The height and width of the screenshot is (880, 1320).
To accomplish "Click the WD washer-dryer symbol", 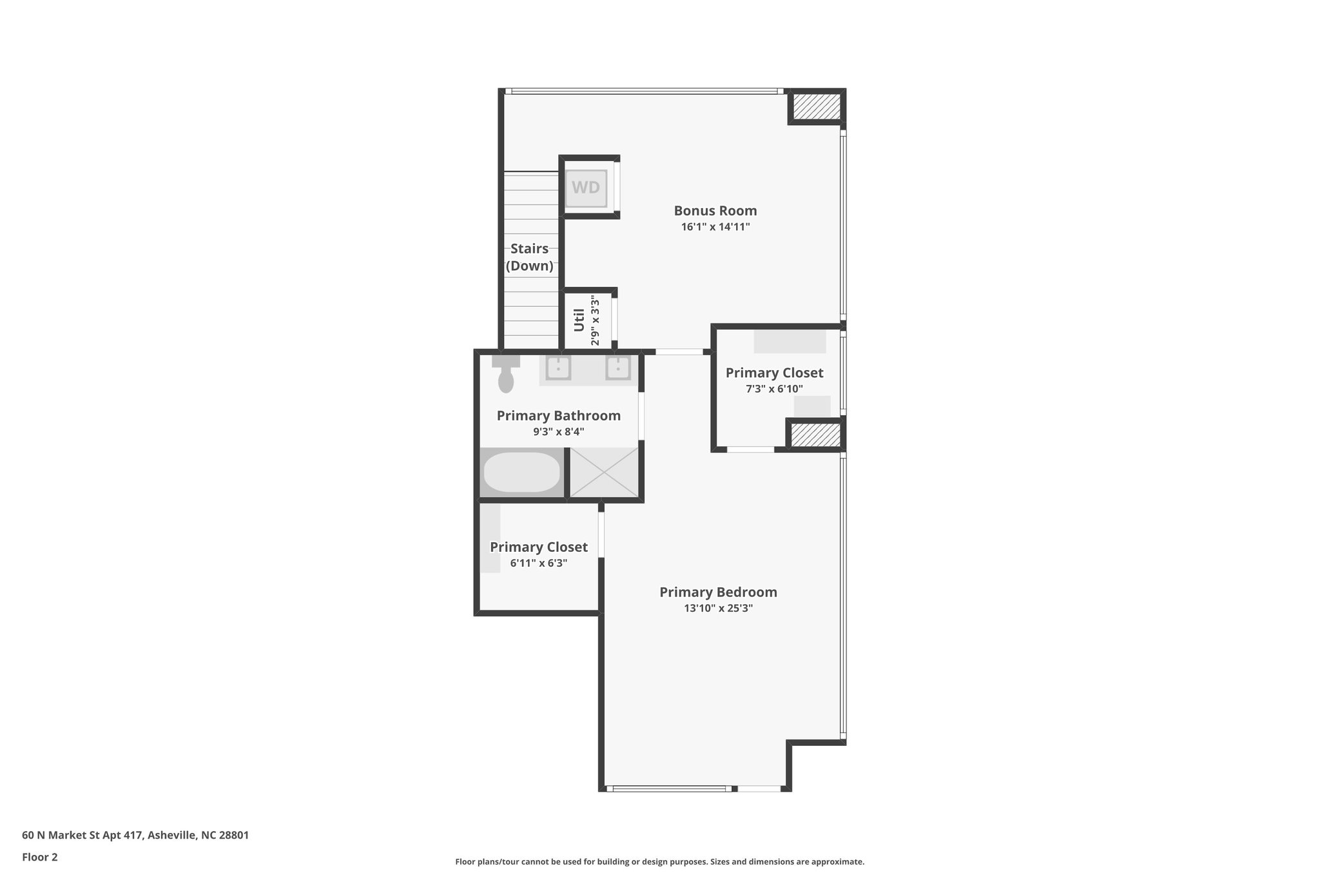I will [586, 188].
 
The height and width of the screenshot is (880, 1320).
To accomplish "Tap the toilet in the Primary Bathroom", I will [506, 375].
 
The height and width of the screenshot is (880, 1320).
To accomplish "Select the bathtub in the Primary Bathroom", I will [522, 472].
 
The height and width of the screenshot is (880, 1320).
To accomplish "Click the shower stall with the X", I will [604, 472].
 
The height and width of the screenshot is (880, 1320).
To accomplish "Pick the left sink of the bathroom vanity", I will [558, 369].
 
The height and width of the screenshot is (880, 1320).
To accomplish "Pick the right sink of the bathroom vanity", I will [617, 369].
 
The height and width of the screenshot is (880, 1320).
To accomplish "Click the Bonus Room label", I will [715, 211].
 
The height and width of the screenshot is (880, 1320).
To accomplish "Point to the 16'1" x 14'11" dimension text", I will [715, 227].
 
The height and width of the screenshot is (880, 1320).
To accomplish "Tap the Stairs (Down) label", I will [529, 257].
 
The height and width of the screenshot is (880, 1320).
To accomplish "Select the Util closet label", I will [579, 320].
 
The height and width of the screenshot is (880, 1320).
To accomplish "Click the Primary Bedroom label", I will [718, 592].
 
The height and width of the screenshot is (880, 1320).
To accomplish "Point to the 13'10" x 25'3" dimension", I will [718, 608].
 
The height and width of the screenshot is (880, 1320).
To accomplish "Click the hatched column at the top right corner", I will [816, 106].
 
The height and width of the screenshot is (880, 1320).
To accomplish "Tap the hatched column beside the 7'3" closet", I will [815, 435].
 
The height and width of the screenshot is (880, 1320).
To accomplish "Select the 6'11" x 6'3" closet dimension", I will [538, 563].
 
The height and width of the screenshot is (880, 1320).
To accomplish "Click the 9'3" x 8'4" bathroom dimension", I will [558, 432].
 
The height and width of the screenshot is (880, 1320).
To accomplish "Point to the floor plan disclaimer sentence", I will [659, 862].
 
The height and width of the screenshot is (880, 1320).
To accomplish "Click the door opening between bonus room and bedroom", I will [679, 352].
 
